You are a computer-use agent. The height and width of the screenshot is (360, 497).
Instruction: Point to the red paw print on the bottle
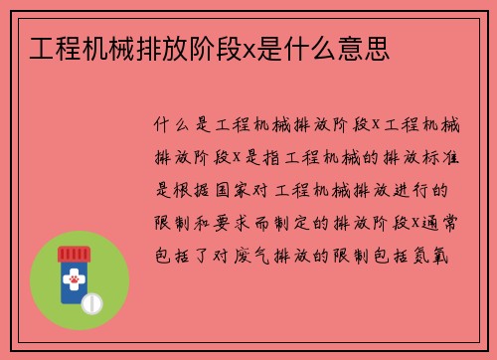(x=73, y=282)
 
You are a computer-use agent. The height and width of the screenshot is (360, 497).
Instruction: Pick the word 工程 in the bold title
(x=52, y=47)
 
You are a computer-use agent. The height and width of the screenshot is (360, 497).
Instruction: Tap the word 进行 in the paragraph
(x=418, y=189)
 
